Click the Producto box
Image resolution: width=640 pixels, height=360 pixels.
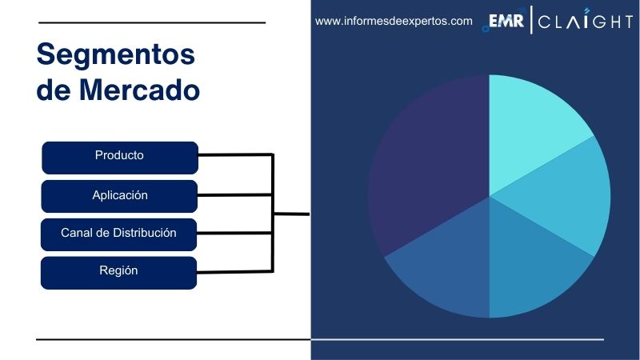point(119,156)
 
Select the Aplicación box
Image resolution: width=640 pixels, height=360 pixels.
point(119,195)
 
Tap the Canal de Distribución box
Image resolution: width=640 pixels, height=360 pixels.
point(119,234)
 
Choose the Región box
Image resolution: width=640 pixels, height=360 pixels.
point(119,271)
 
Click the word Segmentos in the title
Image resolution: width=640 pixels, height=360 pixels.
point(116,54)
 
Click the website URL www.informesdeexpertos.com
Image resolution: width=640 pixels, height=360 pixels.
point(394,22)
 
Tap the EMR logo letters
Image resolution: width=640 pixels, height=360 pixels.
point(506,22)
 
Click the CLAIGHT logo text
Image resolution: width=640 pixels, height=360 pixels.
point(585,22)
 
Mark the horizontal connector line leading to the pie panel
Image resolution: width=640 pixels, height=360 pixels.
point(292,214)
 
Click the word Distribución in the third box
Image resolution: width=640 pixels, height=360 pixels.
point(144,233)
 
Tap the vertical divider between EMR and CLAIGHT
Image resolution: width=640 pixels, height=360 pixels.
point(530,22)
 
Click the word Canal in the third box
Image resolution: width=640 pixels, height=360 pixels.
point(77,233)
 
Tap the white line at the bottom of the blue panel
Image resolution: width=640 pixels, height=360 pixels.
point(457,339)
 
